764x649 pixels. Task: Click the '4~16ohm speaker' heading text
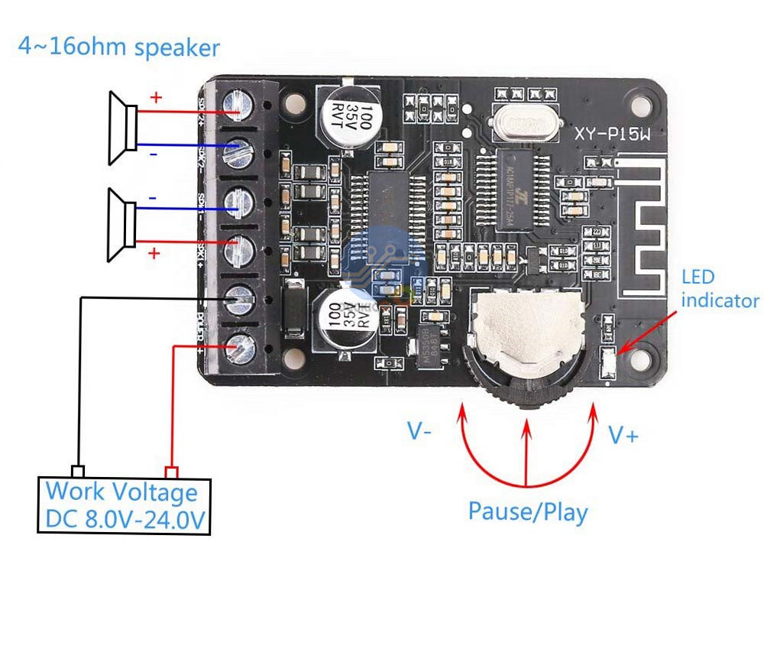(118, 47)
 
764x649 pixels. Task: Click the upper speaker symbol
(122, 128)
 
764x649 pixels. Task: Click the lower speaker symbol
(122, 226)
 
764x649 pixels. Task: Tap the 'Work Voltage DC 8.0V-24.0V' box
(124, 505)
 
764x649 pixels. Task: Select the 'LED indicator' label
(719, 289)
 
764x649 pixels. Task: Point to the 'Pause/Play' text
(528, 511)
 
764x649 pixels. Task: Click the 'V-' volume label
(419, 432)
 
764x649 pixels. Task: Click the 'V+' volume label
(623, 435)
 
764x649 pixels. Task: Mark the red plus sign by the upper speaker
(155, 98)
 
